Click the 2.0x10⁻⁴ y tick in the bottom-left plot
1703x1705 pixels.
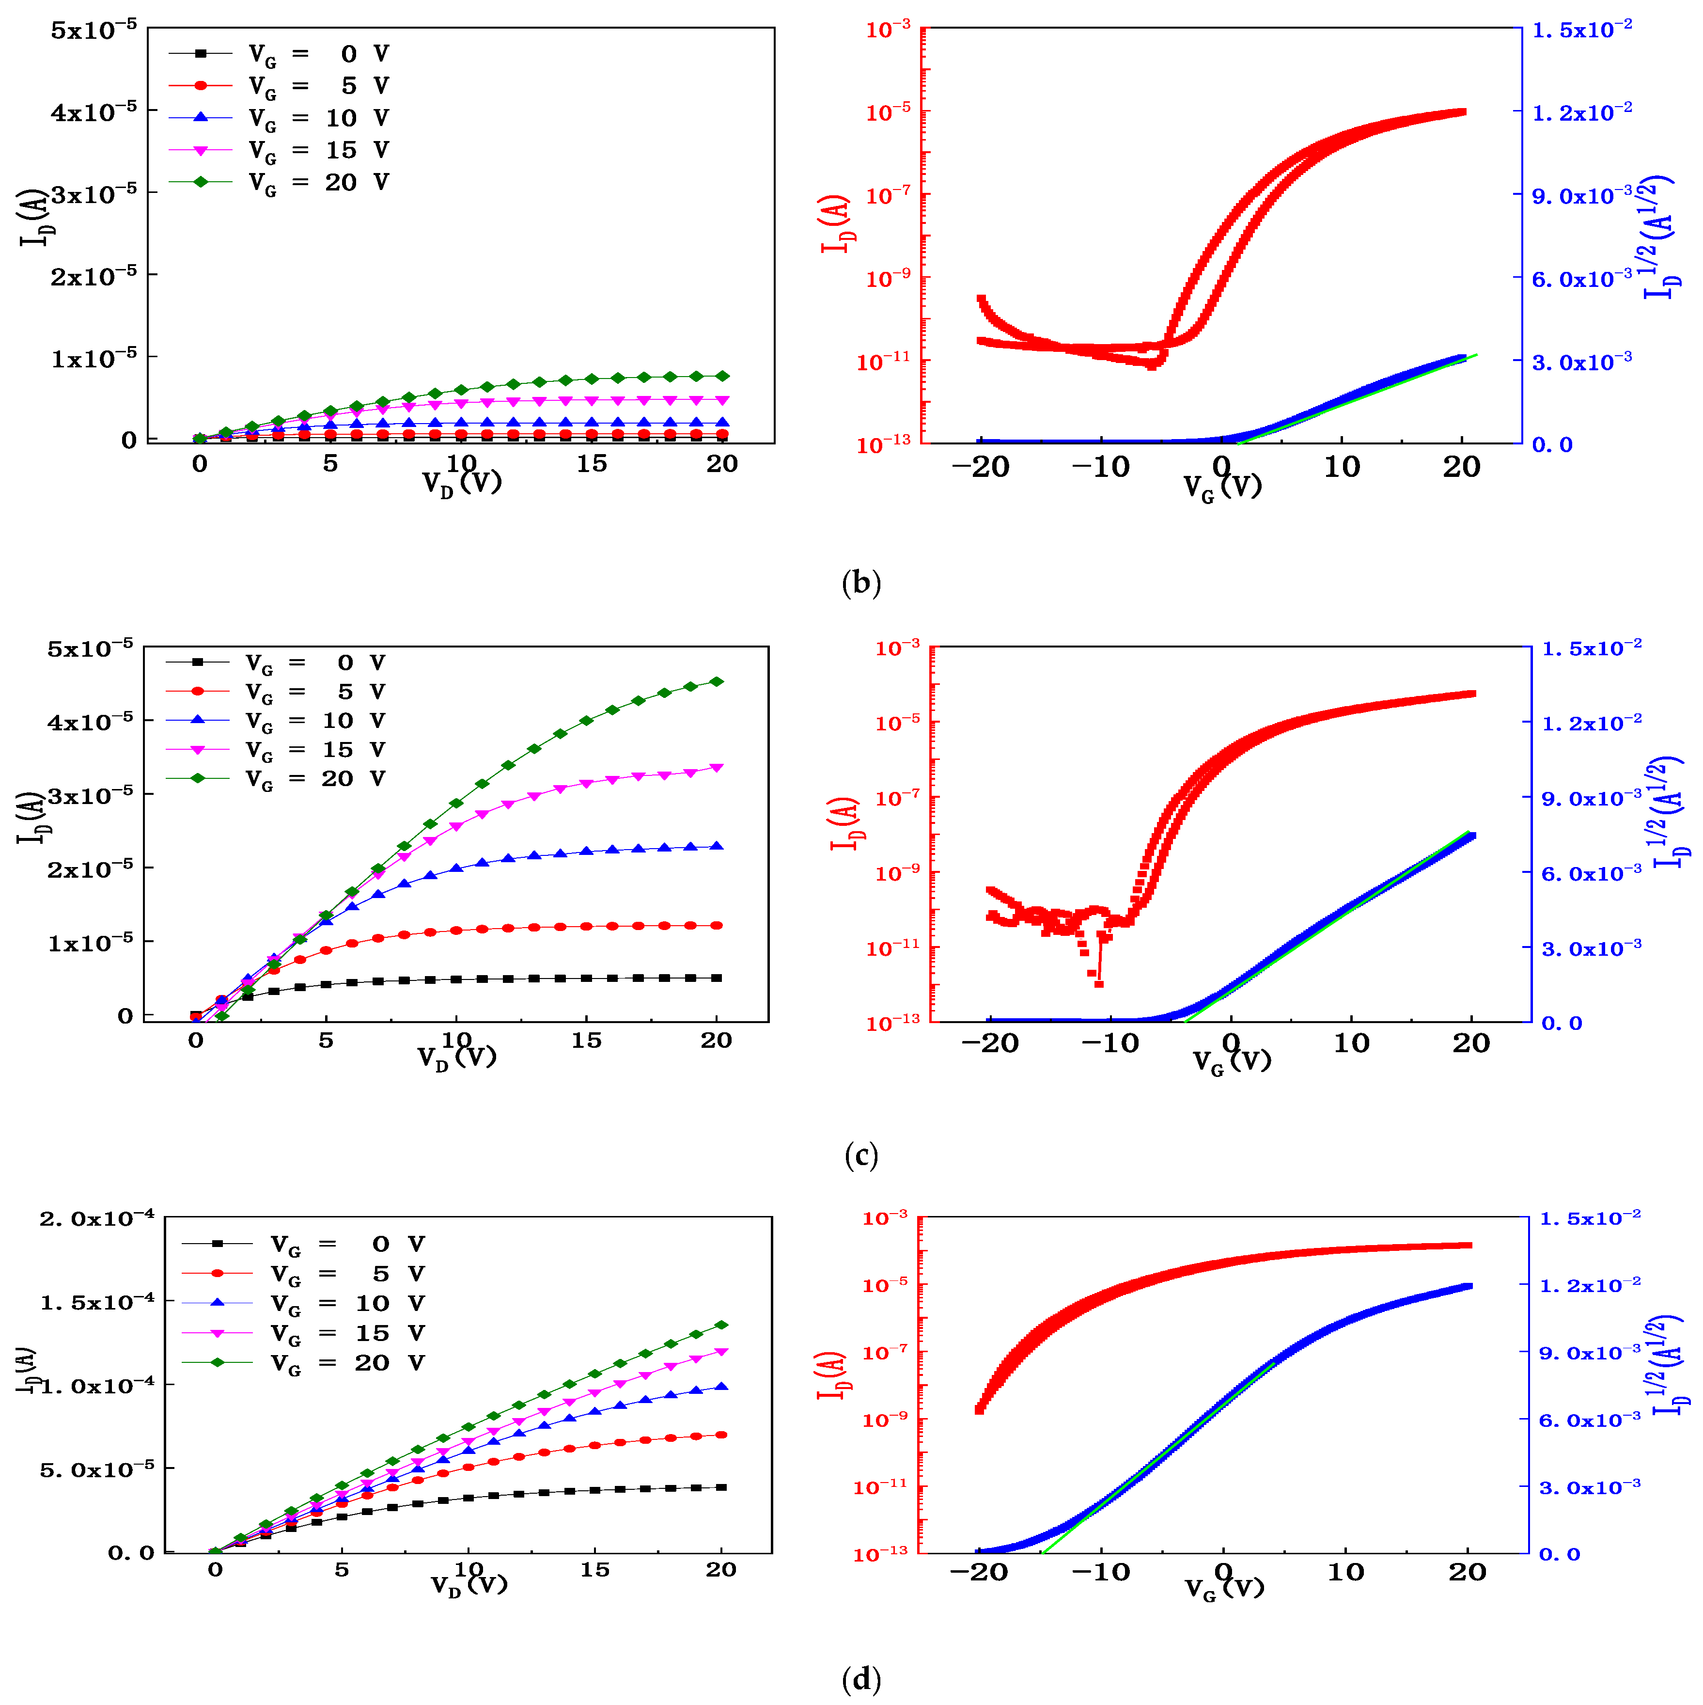point(97,1219)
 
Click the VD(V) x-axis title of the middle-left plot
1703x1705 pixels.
point(457,1057)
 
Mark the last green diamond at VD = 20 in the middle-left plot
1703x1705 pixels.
point(717,681)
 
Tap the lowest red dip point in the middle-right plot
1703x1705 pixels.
point(1098,983)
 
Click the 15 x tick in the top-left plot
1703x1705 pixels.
point(591,464)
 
